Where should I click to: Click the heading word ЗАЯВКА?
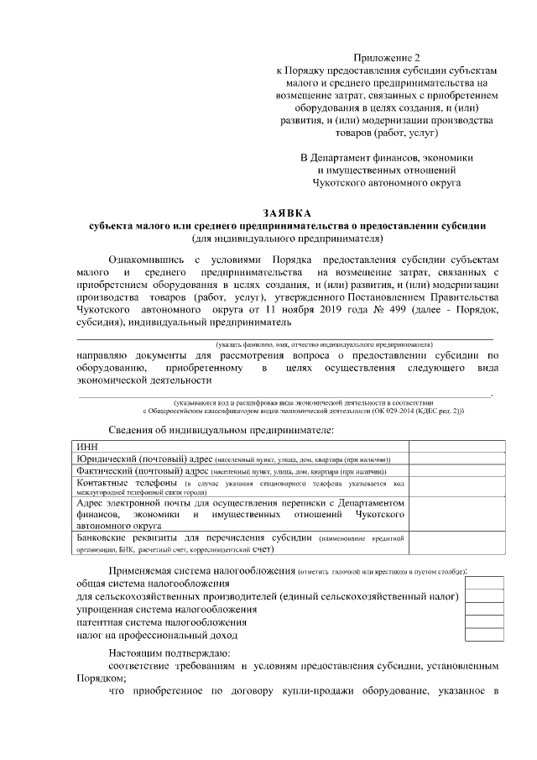coord(287,213)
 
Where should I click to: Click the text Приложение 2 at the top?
coord(387,56)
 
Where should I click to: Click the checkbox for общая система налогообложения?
coord(485,583)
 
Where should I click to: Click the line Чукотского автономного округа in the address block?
coord(387,181)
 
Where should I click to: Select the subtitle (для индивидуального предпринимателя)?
coord(287,238)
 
